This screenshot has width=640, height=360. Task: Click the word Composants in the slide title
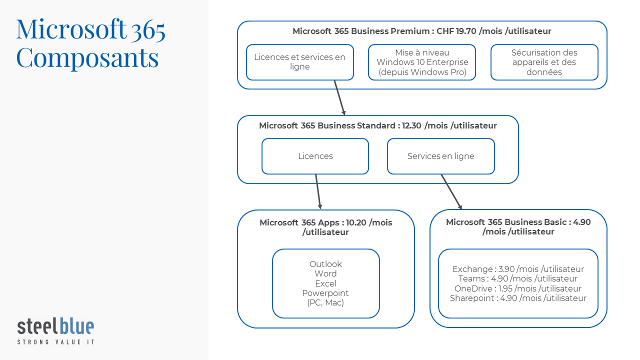[87, 58]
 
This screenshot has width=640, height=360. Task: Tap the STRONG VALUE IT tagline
[55, 342]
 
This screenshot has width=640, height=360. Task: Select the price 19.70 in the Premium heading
[466, 31]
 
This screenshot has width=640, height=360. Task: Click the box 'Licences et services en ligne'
[300, 62]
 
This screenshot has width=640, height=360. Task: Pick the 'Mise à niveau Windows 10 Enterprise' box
[422, 62]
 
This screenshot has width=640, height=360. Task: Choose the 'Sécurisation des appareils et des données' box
[544, 62]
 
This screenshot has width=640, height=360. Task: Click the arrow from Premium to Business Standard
[339, 97]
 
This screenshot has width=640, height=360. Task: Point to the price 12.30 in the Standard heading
[411, 125]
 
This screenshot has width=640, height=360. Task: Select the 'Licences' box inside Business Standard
[315, 156]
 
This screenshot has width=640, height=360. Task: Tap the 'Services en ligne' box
[441, 156]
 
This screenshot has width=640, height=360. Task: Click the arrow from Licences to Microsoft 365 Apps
[318, 191]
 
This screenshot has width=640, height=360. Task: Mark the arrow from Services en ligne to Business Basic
[451, 191]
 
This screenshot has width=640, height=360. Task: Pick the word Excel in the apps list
[325, 283]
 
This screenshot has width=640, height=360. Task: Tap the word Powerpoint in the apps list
[325, 293]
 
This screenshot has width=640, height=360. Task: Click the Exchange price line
[518, 269]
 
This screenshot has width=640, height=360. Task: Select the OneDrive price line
[518, 288]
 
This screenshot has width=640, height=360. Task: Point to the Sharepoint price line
[518, 298]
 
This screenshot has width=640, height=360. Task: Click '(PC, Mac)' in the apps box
[325, 303]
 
